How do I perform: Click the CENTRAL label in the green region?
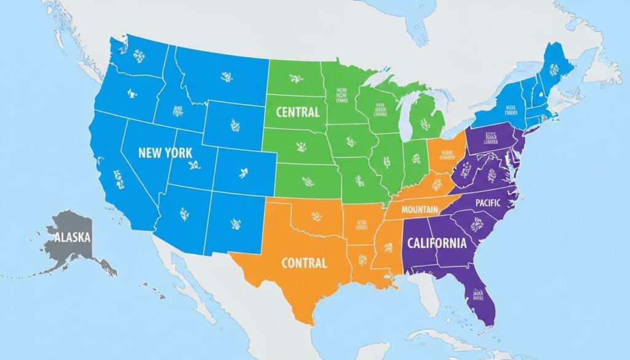(x=298, y=112)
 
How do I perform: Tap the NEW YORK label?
(x=165, y=152)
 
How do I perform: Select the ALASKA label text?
(x=72, y=237)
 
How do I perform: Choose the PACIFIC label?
(x=488, y=202)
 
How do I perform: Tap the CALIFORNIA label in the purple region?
(x=437, y=242)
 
